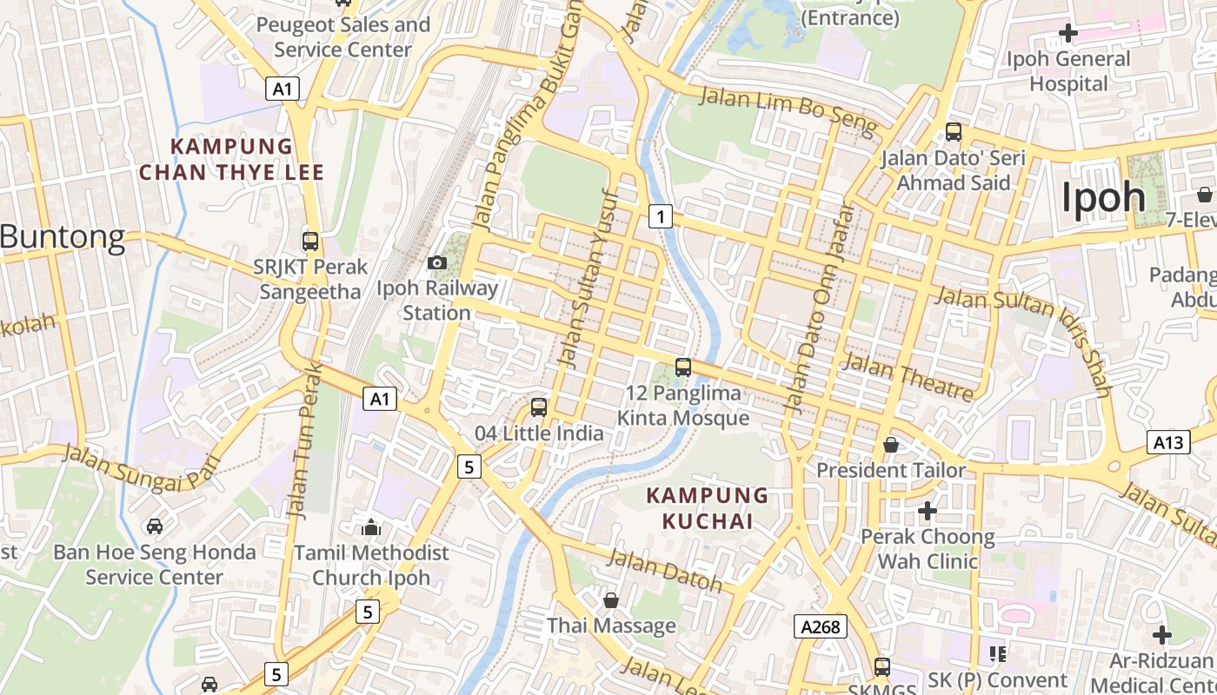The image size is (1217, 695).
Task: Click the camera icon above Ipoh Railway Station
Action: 437,262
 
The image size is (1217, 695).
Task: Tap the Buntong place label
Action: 63,236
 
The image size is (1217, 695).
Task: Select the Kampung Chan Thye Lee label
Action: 231,159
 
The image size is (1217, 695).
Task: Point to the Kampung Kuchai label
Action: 708,508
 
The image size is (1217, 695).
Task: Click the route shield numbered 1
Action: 661,216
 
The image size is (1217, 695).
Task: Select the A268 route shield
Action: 820,626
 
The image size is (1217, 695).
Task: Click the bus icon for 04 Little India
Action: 539,407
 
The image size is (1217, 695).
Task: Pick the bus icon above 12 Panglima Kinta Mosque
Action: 683,367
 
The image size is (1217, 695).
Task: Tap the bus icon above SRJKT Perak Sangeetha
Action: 309,241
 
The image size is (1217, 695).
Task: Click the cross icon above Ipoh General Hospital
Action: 1067,34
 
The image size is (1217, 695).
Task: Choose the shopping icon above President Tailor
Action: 891,445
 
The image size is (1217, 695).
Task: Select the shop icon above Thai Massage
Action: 611,600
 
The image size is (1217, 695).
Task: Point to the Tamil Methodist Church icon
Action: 371,526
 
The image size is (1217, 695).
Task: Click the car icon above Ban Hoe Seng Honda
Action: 154,526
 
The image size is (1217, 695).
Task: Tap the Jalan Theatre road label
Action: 908,377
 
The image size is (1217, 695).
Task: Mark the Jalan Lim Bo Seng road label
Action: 788,109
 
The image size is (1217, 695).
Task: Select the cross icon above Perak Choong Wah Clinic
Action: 928,511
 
